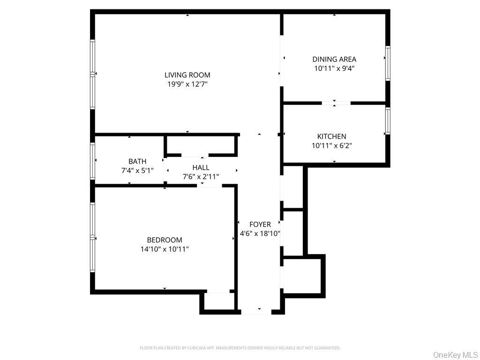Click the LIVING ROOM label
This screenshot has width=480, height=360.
(187, 75)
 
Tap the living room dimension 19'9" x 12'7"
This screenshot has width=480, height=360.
(187, 84)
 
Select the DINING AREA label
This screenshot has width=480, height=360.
(334, 59)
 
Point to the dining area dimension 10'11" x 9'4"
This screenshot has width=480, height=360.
(334, 68)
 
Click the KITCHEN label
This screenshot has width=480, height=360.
(332, 136)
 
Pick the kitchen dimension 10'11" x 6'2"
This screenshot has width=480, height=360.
(332, 146)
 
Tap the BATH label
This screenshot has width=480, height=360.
(137, 162)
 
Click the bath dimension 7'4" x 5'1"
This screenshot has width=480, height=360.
(137, 171)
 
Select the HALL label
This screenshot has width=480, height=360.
(201, 167)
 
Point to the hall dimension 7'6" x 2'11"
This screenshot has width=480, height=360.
(201, 177)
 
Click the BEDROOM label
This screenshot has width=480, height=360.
(165, 240)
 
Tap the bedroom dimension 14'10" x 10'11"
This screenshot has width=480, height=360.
(165, 249)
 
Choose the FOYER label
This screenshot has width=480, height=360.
(260, 225)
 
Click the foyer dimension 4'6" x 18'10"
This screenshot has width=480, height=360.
(260, 233)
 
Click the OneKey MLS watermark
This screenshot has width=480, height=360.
(455, 354)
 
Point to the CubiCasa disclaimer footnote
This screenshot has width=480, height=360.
(240, 348)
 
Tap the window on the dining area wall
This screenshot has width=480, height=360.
(388, 63)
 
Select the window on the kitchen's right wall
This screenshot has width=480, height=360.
(388, 121)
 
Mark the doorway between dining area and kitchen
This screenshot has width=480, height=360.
(336, 103)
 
